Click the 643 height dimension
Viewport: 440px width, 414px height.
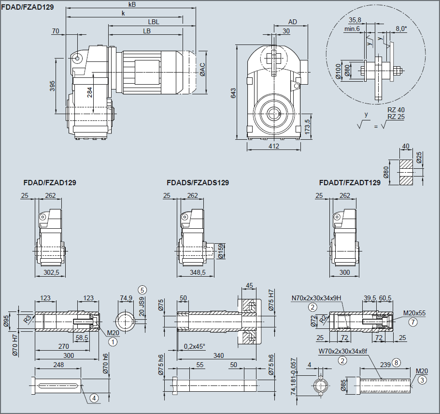(233, 93)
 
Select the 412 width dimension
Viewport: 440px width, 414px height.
(273, 146)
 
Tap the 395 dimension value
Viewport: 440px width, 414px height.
(52, 86)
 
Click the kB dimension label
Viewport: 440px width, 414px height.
(132, 4)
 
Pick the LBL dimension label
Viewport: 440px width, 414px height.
(154, 22)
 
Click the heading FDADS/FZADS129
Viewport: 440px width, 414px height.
(198, 183)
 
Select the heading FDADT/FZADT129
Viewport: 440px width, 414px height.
(350, 183)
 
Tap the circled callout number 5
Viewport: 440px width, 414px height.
(142, 290)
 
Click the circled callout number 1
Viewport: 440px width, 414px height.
(113, 341)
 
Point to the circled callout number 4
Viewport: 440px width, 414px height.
(94, 398)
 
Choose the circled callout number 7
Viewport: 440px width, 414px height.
(412, 321)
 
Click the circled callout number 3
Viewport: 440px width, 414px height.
(422, 380)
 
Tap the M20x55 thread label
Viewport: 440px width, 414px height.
(414, 313)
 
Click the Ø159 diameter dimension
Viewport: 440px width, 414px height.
(221, 251)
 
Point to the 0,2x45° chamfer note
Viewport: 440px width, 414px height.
(195, 346)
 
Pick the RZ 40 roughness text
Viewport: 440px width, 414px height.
(396, 110)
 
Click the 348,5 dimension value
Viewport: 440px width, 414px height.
(197, 273)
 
